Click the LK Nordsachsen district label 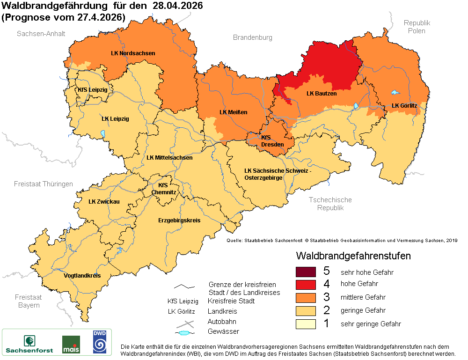[x=133, y=53]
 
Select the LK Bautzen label [x=322, y=94]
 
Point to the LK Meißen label [x=234, y=112]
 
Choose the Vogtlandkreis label [x=82, y=276]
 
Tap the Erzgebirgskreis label [x=179, y=220]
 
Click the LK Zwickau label [x=104, y=202]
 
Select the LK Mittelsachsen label [x=169, y=158]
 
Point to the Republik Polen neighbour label [x=417, y=27]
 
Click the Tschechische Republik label [x=330, y=204]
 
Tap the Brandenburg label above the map [x=252, y=37]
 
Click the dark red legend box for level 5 [x=306, y=271]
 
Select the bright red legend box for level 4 [x=306, y=284]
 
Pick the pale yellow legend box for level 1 [x=306, y=323]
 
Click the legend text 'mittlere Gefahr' [x=363, y=297]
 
